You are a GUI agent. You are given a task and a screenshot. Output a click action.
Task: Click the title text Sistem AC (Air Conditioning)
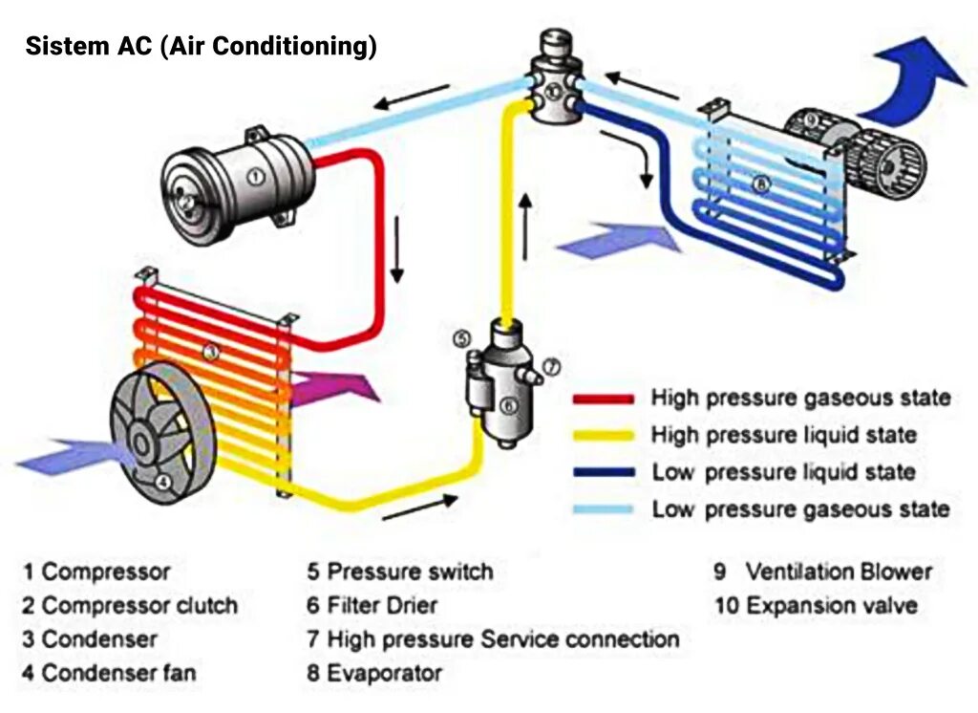[201, 46]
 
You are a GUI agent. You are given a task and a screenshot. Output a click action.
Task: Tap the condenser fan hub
[141, 443]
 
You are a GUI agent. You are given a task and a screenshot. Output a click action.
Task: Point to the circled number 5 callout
[462, 338]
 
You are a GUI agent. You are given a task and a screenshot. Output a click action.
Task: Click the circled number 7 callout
[552, 366]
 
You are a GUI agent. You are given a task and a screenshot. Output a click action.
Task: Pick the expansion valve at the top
[555, 81]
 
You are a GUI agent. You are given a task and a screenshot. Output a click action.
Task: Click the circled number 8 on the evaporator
[760, 184]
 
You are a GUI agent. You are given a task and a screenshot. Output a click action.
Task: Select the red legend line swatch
[603, 399]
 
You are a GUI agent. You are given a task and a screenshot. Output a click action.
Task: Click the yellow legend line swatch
[603, 436]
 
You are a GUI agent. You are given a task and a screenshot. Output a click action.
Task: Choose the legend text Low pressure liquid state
[783, 472]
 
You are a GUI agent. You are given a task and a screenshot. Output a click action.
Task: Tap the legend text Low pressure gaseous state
[800, 508]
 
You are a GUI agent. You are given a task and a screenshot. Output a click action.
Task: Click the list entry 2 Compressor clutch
[130, 606]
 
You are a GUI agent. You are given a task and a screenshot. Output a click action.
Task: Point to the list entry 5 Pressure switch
[399, 573]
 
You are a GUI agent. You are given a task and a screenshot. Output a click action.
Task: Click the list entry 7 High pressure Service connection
[493, 639]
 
